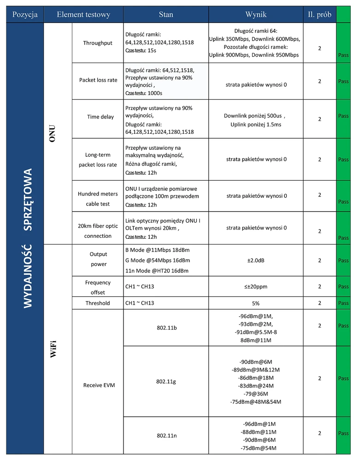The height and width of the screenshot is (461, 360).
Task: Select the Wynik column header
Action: [x=256, y=15]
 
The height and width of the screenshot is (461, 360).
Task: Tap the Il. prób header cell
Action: [x=319, y=15]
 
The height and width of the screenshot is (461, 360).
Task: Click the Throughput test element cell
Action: [x=98, y=43]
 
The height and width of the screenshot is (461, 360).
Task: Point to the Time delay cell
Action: [x=100, y=117]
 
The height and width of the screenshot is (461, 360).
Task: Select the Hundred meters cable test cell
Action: [x=98, y=199]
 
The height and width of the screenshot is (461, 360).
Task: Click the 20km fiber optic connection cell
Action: [x=98, y=231]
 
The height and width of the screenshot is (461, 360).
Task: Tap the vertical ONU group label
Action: [x=58, y=133]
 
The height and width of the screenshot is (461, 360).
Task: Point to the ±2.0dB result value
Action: [x=256, y=260]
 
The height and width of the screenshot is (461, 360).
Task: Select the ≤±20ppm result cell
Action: [x=256, y=287]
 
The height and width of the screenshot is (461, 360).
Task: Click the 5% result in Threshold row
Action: [x=256, y=303]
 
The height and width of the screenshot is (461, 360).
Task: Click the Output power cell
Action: [x=98, y=259]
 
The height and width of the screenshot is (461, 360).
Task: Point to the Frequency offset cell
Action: [x=98, y=287]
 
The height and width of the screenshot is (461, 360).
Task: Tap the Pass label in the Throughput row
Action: [x=343, y=54]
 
